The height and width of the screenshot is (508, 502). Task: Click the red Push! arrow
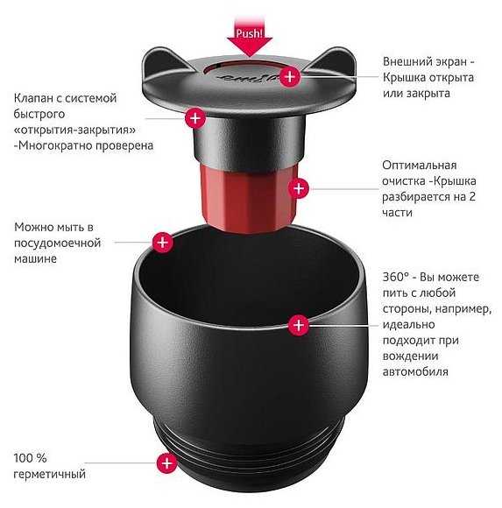point(249,39)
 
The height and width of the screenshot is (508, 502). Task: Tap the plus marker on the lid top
point(290,77)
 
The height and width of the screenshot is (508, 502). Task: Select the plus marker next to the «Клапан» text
point(195,118)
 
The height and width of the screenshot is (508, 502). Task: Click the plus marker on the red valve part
point(299,188)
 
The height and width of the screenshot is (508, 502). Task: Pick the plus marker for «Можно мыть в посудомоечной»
point(163,242)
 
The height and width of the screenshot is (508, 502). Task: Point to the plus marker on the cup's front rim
point(299,325)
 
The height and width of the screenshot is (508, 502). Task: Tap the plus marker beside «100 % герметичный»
point(167,462)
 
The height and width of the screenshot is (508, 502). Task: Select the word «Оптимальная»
point(420,166)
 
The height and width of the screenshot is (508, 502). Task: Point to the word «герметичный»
point(50,475)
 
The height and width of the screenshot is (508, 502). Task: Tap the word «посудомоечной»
point(57,243)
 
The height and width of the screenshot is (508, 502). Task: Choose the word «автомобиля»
point(415,371)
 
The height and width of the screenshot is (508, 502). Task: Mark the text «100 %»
point(30,458)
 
